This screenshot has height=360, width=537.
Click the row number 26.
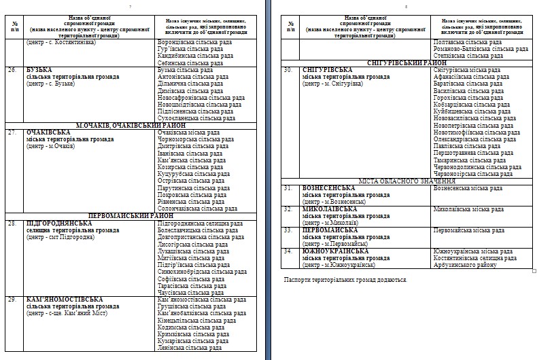12,69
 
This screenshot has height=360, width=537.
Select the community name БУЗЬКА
40,69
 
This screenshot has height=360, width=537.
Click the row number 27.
12,132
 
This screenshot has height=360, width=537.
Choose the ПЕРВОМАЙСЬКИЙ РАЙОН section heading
131,215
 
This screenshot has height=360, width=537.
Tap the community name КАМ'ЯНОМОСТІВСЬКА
65,299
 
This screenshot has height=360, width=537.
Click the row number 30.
288,69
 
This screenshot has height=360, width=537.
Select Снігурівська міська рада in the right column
467,69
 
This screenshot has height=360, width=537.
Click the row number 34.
288,251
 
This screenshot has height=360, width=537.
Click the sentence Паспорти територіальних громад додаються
345,279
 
